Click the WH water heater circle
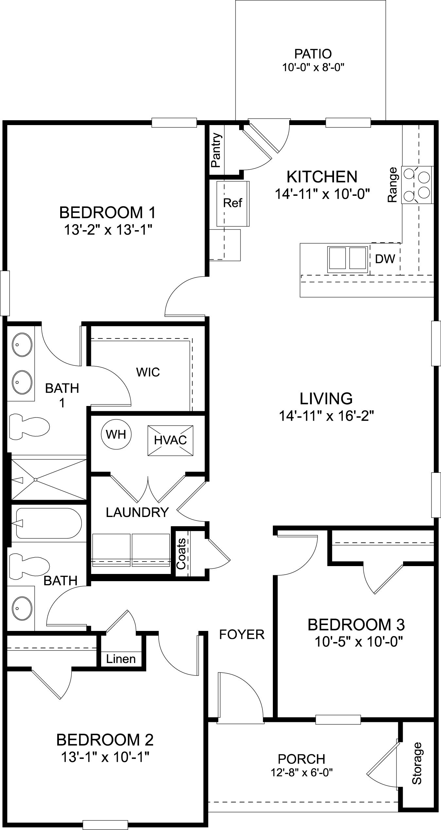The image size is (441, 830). click(x=116, y=434)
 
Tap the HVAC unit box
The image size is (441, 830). click(x=170, y=440)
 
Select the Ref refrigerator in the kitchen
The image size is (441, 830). click(x=233, y=203)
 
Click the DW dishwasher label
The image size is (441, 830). click(x=385, y=259)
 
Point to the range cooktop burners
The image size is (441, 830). click(x=417, y=185)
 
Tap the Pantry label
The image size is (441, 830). click(x=216, y=150)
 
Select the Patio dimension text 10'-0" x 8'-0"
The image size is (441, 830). click(x=314, y=68)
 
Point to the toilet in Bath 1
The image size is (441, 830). click(x=29, y=427)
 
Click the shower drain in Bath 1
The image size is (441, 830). click(x=35, y=480)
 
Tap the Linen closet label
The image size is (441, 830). click(x=121, y=658)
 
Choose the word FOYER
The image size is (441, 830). click(x=241, y=634)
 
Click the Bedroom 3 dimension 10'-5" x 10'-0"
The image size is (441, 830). click(x=358, y=642)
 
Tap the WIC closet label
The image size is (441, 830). click(x=148, y=372)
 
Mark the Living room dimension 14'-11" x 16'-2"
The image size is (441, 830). click(x=326, y=416)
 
